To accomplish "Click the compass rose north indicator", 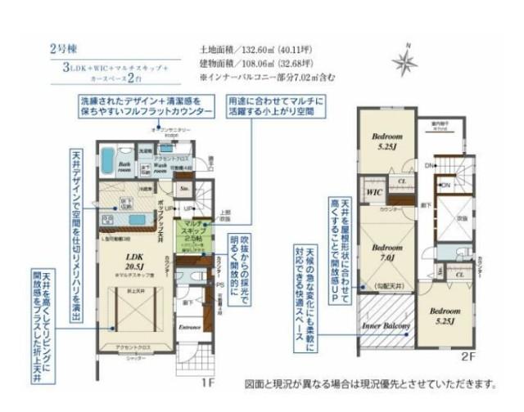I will point(404,62).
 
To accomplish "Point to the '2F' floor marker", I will point(468,357).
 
